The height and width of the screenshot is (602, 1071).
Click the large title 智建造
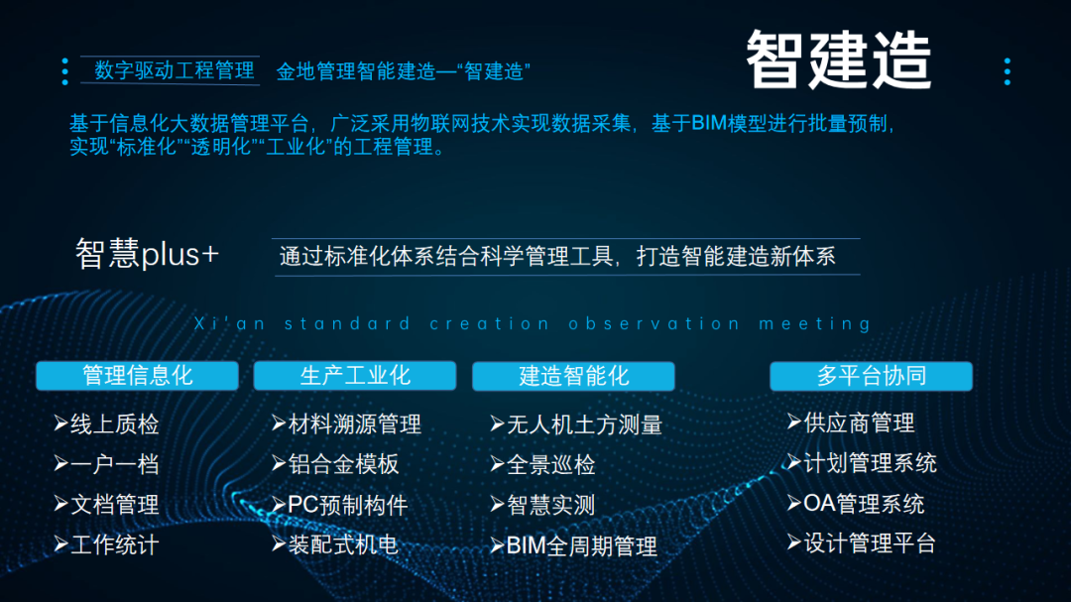tap(838, 60)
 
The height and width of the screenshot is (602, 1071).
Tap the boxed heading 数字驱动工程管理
tap(175, 70)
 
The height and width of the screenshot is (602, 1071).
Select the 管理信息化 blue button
tap(137, 376)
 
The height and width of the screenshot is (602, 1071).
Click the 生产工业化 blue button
tap(355, 376)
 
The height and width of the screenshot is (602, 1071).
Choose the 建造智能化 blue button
tap(573, 376)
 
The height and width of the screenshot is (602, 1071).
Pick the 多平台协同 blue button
tap(871, 376)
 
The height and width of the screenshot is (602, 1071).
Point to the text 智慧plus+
tap(147, 254)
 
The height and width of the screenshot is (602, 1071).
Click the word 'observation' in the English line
tap(654, 323)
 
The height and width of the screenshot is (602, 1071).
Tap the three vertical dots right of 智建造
tap(1007, 70)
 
